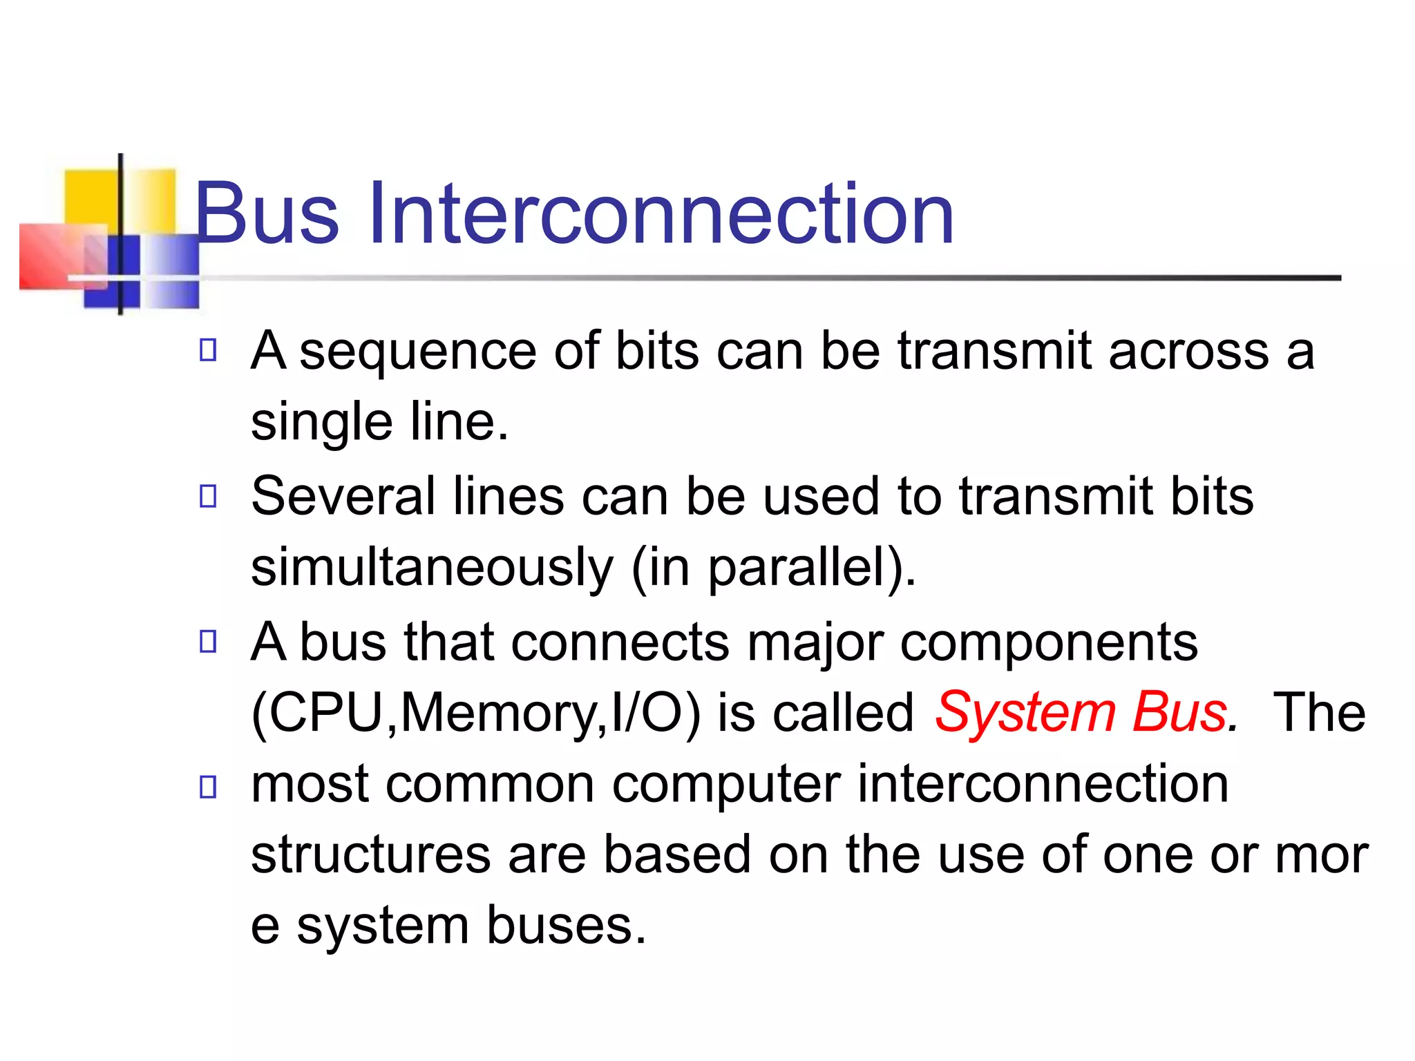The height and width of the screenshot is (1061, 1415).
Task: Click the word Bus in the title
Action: click(267, 214)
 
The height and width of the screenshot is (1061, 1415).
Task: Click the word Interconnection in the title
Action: click(661, 214)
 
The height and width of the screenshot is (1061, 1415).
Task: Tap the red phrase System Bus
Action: click(1085, 713)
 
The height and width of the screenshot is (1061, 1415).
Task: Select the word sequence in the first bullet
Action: click(417, 352)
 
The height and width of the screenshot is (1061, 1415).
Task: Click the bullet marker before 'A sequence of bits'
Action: click(208, 350)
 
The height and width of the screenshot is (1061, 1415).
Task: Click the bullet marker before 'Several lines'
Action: click(208, 496)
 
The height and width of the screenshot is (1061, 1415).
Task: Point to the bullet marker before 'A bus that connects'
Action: click(208, 642)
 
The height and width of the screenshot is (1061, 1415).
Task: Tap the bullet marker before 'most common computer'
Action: click(208, 786)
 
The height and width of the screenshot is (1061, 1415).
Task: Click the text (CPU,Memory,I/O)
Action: click(475, 713)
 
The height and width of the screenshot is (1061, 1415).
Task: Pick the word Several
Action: click(343, 496)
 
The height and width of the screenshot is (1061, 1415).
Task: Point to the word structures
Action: click(370, 855)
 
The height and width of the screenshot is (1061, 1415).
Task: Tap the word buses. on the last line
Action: click(566, 926)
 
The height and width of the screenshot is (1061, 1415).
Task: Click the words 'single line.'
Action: click(379, 422)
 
